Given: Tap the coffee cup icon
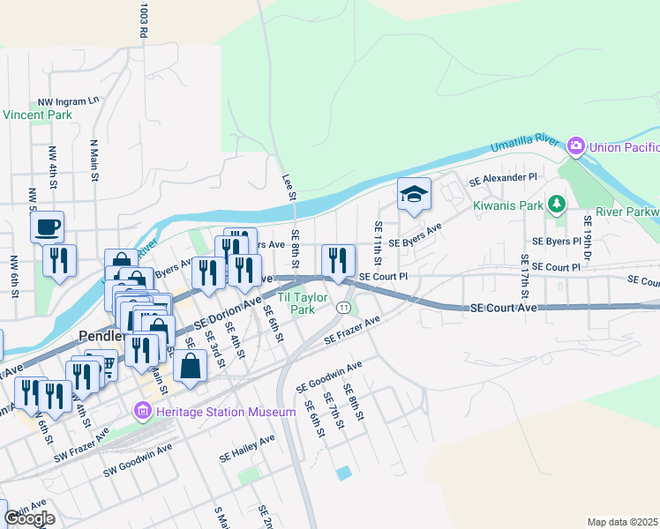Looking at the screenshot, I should (47, 227).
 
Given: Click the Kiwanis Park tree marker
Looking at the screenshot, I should (556, 205).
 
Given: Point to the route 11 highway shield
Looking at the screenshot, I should (341, 305).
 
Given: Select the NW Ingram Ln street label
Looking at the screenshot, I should (68, 102).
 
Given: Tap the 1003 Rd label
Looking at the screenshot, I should (142, 19).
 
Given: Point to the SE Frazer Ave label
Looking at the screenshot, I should (350, 331).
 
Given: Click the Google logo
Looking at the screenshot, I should (29, 518).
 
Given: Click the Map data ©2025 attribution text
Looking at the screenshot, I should (622, 522).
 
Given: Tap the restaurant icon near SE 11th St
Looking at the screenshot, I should (338, 259).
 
